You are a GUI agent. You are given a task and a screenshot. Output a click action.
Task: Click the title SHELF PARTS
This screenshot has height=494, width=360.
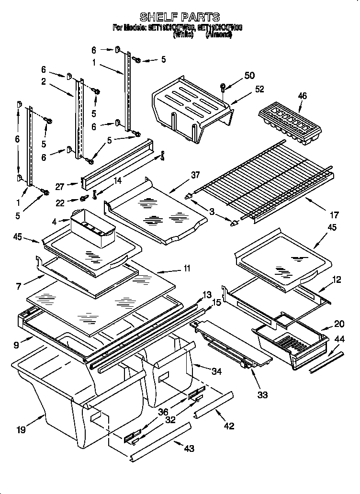pyautogui.click(x=179, y=17)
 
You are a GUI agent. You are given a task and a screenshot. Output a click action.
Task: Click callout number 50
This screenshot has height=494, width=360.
pyautogui.click(x=249, y=75)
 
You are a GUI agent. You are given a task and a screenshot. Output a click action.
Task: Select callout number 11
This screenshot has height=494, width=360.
pyautogui.click(x=187, y=269)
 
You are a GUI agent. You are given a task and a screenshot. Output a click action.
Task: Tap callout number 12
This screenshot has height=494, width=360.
pyautogui.click(x=337, y=279)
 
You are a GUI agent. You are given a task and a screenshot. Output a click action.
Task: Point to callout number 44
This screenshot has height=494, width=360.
pyautogui.click(x=339, y=339)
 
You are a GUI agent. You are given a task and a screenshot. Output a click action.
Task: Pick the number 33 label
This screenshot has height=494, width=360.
pyautogui.click(x=262, y=395)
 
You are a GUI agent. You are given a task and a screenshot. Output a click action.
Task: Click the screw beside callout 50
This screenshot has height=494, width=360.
pyautogui.click(x=223, y=87)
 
